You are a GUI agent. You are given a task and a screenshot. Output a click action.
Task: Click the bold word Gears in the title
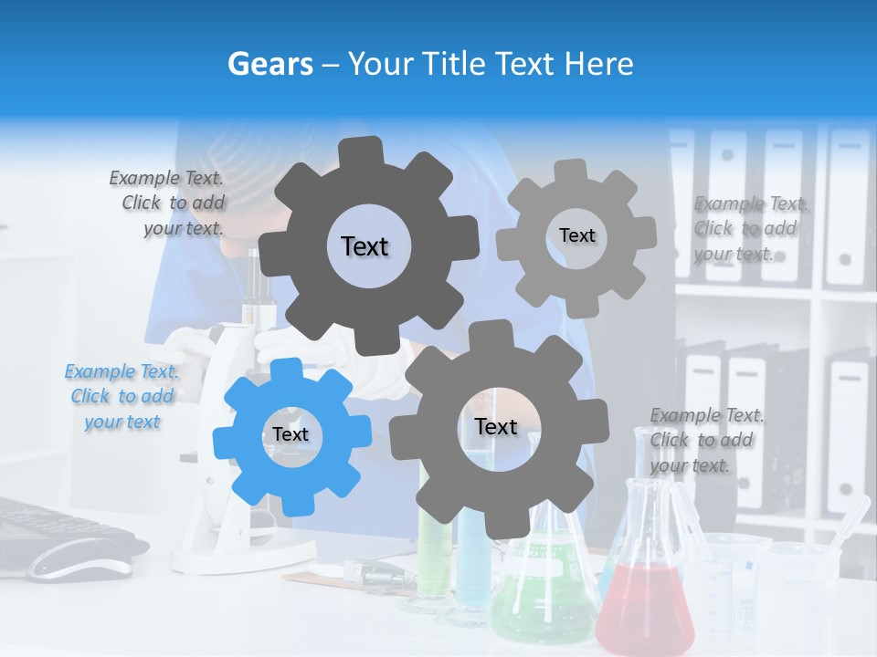[x=269, y=64]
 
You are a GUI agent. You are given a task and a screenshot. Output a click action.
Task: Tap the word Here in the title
[x=599, y=64]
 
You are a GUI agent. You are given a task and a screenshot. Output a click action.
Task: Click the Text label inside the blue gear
[x=291, y=434]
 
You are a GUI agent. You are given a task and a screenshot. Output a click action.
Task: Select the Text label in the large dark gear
[x=365, y=246]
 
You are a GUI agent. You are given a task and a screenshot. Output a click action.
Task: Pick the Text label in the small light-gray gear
[x=576, y=235]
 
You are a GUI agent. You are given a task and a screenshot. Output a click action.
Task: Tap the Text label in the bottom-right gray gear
[x=496, y=426]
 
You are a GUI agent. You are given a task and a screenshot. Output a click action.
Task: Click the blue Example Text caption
[x=122, y=396]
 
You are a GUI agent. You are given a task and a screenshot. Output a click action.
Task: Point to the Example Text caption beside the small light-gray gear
[x=749, y=228]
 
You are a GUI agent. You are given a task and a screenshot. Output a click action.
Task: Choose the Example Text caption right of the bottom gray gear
[x=705, y=440]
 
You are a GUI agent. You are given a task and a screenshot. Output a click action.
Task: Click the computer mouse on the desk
[x=73, y=558]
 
